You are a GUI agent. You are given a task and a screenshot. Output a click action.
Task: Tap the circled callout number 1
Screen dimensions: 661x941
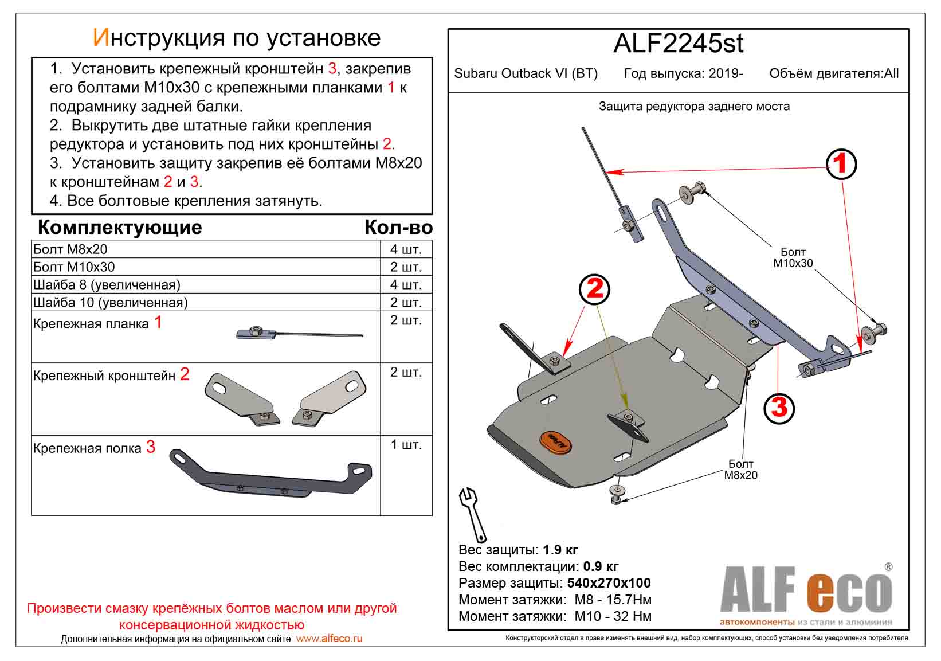tap(841, 164)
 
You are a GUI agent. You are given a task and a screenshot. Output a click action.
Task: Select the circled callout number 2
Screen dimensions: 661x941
tap(595, 288)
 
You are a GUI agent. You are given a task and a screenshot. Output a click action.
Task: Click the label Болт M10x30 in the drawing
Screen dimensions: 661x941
tap(793, 257)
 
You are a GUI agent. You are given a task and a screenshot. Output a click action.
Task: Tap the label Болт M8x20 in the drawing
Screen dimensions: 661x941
tap(740, 470)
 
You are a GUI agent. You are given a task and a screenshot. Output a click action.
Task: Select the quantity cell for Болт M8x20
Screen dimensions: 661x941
tap(406, 249)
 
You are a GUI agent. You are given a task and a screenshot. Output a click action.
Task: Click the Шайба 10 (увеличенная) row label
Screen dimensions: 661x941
tap(111, 303)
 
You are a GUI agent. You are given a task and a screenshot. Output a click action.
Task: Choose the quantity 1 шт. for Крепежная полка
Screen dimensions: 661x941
tap(406, 445)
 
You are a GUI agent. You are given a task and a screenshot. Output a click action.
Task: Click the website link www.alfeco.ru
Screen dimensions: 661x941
tap(329, 639)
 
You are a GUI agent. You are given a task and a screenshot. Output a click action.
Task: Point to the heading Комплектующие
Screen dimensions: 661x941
tap(120, 228)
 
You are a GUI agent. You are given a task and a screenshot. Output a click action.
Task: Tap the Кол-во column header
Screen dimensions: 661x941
tap(398, 228)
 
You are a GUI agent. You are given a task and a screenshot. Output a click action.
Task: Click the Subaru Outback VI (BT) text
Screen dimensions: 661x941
tap(526, 74)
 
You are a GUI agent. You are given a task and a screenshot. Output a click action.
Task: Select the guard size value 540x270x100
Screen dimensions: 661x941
tap(609, 584)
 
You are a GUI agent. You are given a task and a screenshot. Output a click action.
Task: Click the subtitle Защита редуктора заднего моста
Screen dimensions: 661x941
tap(694, 107)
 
